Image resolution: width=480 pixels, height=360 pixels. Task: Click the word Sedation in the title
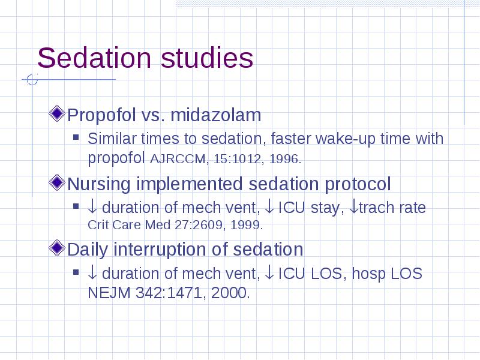click(x=94, y=58)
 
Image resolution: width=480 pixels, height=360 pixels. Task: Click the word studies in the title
click(x=207, y=58)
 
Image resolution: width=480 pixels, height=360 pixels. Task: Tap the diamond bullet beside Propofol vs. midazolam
click(x=57, y=113)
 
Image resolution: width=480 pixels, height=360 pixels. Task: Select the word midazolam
click(x=215, y=115)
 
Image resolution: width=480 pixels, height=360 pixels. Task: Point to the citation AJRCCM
click(x=178, y=159)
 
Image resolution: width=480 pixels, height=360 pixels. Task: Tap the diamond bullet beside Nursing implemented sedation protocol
click(x=57, y=182)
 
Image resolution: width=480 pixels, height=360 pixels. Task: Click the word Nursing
click(x=99, y=184)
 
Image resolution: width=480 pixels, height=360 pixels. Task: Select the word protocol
click(x=358, y=184)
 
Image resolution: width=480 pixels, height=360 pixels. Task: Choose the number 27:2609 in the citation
click(x=199, y=225)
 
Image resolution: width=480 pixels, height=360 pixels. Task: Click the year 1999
click(x=245, y=225)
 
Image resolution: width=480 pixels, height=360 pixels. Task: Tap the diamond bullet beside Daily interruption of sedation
click(x=57, y=248)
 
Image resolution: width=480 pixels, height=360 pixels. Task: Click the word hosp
click(x=367, y=274)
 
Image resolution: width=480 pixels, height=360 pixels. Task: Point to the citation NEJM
click(x=109, y=293)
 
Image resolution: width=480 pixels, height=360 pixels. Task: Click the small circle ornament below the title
click(x=32, y=80)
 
